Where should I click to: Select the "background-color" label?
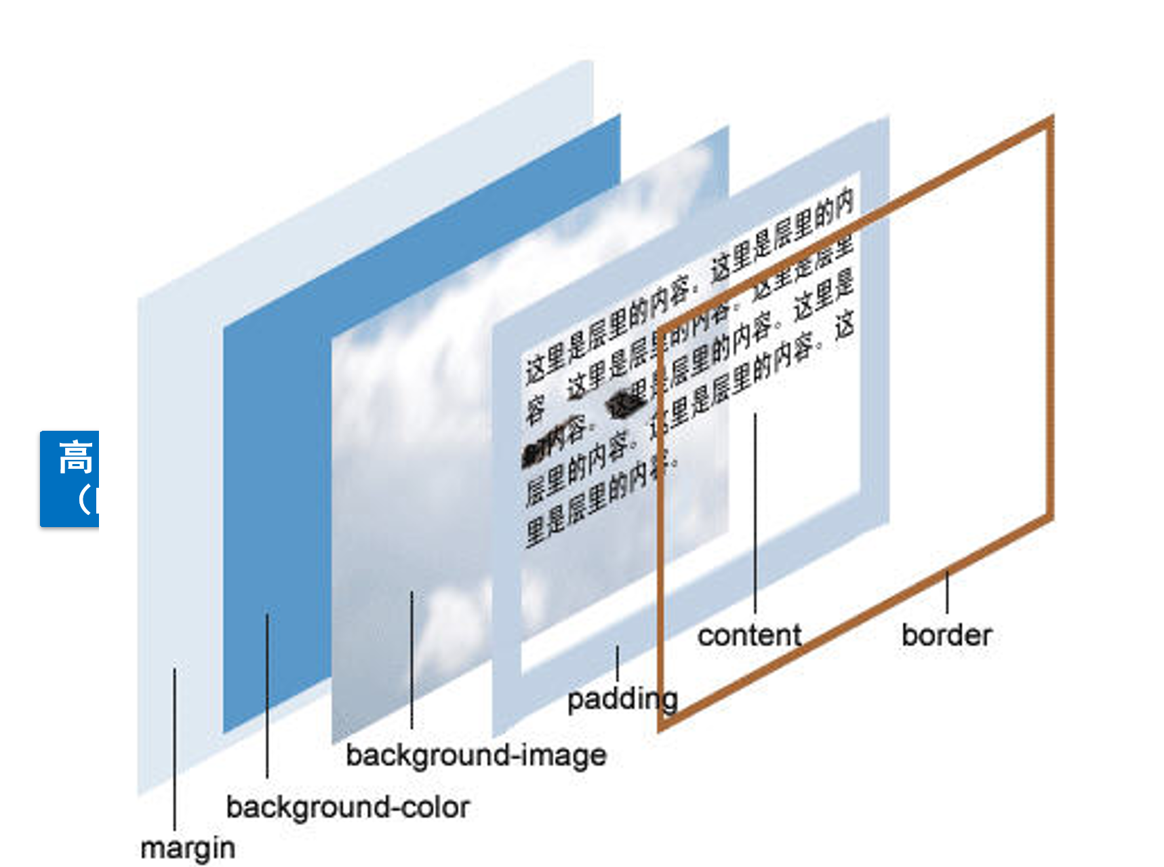[348, 807]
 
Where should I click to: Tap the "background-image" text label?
[476, 755]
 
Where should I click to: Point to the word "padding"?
[622, 699]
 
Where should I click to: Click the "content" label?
[749, 636]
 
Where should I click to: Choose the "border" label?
[946, 635]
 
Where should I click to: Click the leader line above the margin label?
[174, 746]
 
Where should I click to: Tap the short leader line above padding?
[617, 663]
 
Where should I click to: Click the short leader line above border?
[947, 592]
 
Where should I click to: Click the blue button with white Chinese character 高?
[70, 478]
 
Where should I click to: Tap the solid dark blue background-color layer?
[278, 475]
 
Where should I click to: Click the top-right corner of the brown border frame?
[1050, 121]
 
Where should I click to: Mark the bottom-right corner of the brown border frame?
[1050, 519]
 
